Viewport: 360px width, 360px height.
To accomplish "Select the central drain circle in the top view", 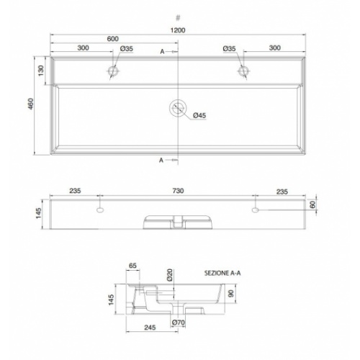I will tap(177, 109).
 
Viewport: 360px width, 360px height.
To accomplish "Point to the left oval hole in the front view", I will tap(99, 211).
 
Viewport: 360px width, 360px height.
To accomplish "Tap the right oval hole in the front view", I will tap(255, 211).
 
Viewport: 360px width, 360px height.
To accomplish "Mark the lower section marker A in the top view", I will tap(161, 159).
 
